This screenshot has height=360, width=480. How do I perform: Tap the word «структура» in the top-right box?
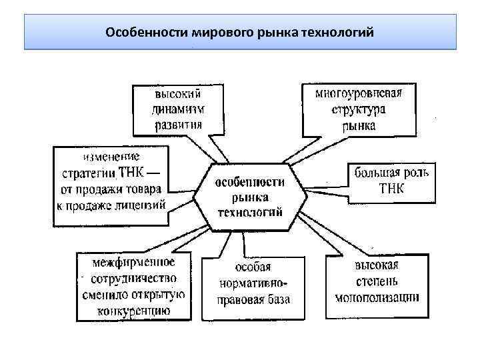coord(359,109)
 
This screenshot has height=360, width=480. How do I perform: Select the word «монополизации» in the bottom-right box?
coord(377,297)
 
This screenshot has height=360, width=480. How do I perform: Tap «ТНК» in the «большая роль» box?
coord(391,189)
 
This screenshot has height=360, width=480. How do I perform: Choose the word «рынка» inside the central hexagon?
coord(250,197)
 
